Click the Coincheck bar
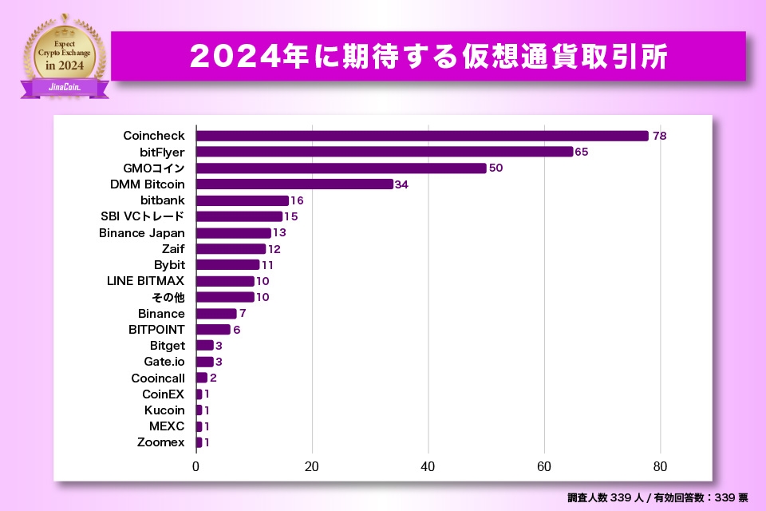coord(422,136)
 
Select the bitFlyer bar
coord(385,152)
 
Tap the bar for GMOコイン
coord(342,168)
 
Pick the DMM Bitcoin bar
coord(294,184)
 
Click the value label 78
coord(659,136)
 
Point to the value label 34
coord(401,184)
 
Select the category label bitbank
coord(162,200)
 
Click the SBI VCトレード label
coord(143,216)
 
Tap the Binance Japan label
coord(141,233)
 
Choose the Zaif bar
coord(231,249)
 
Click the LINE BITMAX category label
coord(145,281)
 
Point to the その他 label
coord(168,297)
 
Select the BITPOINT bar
coord(213,330)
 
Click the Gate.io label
coord(164,362)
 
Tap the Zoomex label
coord(160,442)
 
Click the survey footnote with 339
coord(657,497)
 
